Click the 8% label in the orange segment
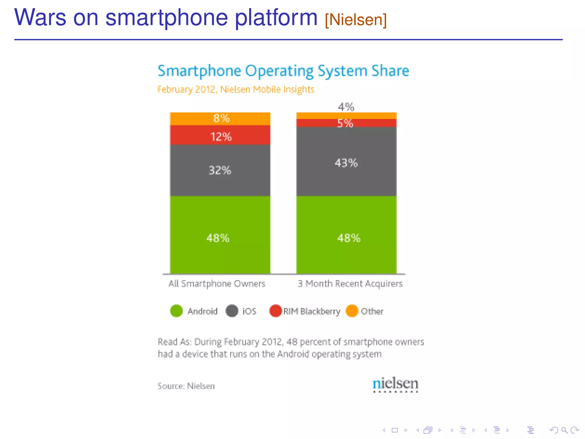click(221, 118)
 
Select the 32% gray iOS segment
click(220, 170)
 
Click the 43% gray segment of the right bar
click(346, 163)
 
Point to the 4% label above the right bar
click(346, 107)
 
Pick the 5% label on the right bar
click(345, 123)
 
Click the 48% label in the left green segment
click(218, 238)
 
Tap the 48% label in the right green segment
click(349, 238)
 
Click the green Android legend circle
click(176, 311)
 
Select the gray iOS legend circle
click(232, 311)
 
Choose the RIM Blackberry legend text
click(312, 311)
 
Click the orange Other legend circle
click(352, 311)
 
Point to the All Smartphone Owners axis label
click(217, 284)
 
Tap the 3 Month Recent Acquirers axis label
click(350, 284)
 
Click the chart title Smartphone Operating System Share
click(283, 71)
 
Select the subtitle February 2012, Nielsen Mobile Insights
click(236, 89)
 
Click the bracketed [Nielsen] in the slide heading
click(356, 19)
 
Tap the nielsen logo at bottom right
click(395, 384)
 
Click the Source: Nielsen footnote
click(186, 386)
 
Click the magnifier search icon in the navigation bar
click(564, 430)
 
